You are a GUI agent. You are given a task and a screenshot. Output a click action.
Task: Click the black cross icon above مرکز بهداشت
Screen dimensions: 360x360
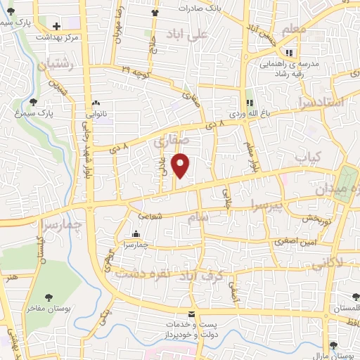pyautogui.click(x=56, y=25)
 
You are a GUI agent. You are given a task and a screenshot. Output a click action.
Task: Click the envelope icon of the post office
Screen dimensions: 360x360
pyautogui.click(x=191, y=314)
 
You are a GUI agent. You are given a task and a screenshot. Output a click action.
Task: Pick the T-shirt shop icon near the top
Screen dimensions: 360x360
pyautogui.click(x=155, y=13)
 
